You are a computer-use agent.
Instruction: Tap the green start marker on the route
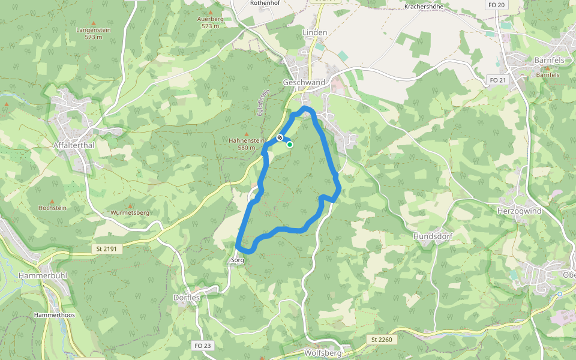coord(290,144)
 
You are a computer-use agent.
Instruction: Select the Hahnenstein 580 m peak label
coord(246,143)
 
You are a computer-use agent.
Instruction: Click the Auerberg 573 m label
coord(210,23)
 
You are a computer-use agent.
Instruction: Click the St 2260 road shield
coord(381,340)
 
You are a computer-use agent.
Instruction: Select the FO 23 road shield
coord(203,346)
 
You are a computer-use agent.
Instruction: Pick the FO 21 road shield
coord(497,80)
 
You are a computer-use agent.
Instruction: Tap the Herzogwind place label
coord(519,211)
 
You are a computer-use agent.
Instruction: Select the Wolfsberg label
coord(322,353)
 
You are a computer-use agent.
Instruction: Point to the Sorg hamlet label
coord(238,260)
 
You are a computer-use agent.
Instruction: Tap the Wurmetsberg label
coord(130,212)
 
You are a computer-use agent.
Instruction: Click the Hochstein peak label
coord(52,208)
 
